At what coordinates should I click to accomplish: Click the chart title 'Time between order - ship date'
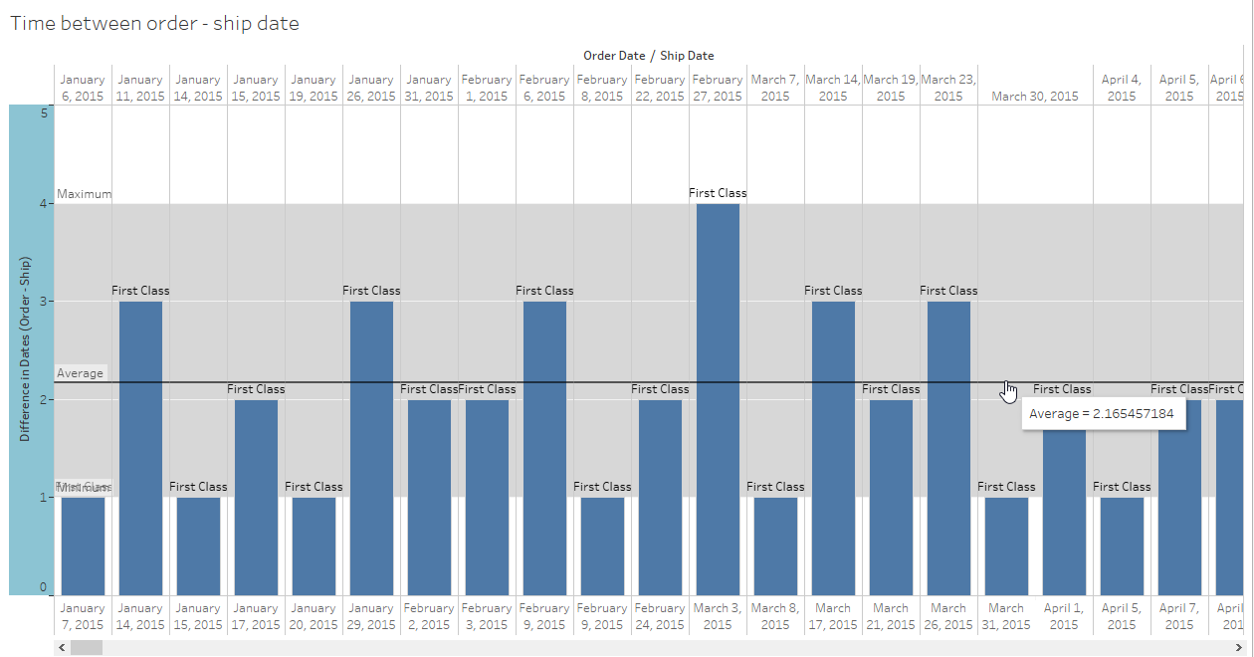click(154, 23)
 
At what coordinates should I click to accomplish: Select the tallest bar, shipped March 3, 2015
click(718, 398)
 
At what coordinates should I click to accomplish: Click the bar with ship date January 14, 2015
click(140, 448)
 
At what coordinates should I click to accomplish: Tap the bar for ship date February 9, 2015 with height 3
click(544, 448)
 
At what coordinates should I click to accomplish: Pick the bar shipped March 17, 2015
click(833, 448)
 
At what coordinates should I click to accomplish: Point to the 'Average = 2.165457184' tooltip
click(1102, 414)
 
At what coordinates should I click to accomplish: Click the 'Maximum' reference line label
click(84, 194)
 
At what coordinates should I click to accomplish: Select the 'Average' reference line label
click(80, 373)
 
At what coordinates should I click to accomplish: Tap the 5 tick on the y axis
click(44, 113)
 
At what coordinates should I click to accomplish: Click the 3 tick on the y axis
click(44, 302)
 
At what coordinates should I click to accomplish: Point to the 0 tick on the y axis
click(44, 587)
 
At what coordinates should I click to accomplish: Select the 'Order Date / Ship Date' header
click(649, 56)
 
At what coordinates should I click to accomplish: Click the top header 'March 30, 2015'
click(1035, 97)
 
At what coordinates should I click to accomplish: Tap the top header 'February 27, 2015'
click(718, 88)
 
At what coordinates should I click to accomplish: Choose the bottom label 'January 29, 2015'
click(371, 616)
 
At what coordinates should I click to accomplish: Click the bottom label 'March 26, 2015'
click(948, 616)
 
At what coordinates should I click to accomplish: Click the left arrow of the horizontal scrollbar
click(63, 647)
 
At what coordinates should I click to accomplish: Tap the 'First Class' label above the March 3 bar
click(718, 193)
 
